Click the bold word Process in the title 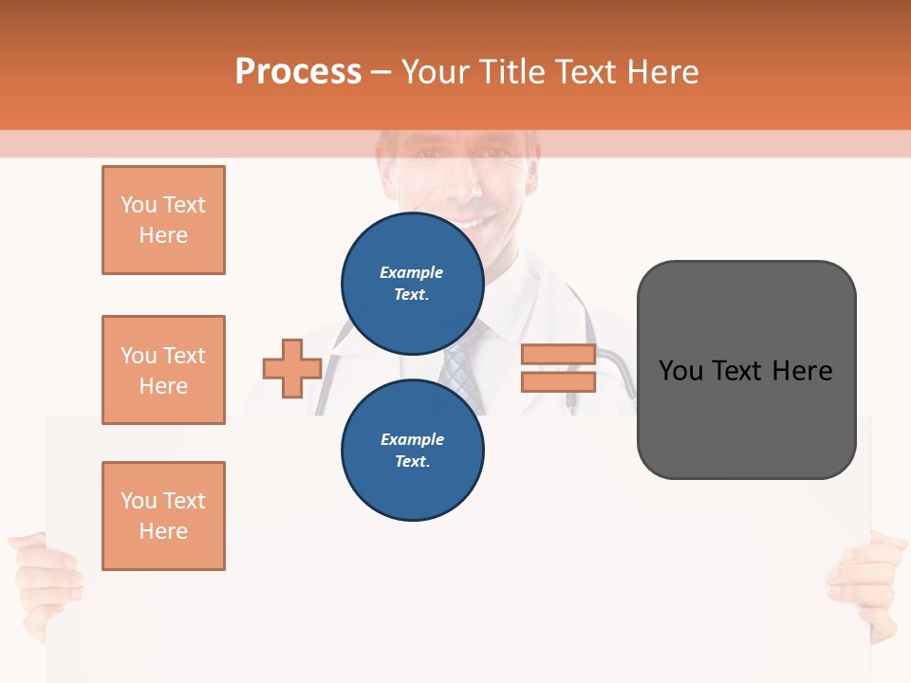tap(298, 72)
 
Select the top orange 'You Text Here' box tap(163, 220)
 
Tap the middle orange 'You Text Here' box tap(163, 370)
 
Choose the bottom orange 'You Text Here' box tap(163, 516)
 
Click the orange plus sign tap(292, 368)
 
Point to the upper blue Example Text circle tap(413, 284)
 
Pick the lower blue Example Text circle tap(413, 451)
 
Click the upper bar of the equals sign tap(558, 355)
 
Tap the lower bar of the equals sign tap(558, 381)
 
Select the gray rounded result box tap(746, 370)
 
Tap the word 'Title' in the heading tap(511, 72)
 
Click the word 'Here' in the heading tap(664, 72)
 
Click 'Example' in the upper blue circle tap(411, 272)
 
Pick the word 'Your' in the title tap(435, 72)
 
